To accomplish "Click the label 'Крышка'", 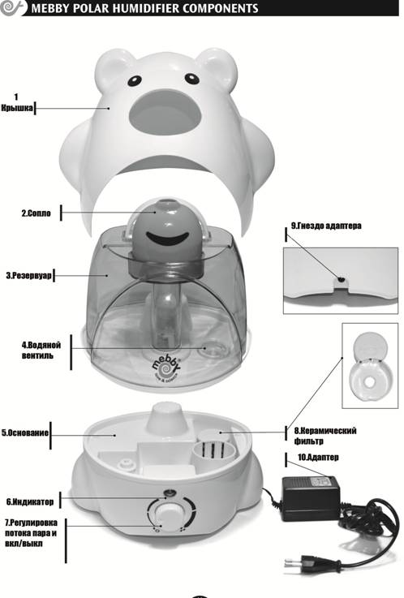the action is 17,108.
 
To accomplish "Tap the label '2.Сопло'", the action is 36,213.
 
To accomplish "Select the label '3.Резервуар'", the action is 28,275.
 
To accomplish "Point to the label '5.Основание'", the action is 25,432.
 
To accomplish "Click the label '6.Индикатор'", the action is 30,502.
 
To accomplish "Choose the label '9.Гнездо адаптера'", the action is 326,226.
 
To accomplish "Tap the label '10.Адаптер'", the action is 318,457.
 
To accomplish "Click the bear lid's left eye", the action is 135,80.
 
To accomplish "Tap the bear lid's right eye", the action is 191,79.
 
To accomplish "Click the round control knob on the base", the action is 170,514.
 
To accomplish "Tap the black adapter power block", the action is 310,498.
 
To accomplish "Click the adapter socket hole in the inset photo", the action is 342,280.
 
